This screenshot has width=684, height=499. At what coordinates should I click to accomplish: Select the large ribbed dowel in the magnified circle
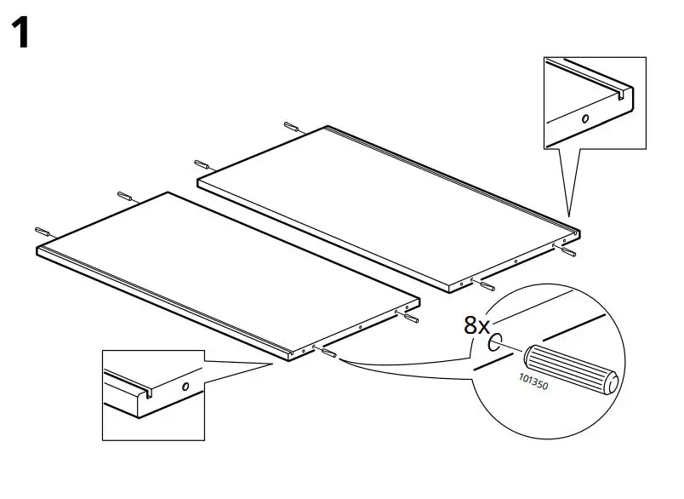click(570, 368)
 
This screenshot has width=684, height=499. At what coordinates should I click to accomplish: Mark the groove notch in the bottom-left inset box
click(147, 393)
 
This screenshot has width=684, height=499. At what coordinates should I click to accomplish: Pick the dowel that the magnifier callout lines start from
click(328, 351)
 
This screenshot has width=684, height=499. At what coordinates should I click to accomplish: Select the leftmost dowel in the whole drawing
click(43, 232)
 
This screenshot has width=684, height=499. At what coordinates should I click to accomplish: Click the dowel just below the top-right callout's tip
click(567, 249)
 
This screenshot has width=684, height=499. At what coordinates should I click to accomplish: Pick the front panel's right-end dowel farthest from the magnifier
click(409, 317)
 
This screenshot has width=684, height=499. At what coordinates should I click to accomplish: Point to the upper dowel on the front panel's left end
click(125, 196)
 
